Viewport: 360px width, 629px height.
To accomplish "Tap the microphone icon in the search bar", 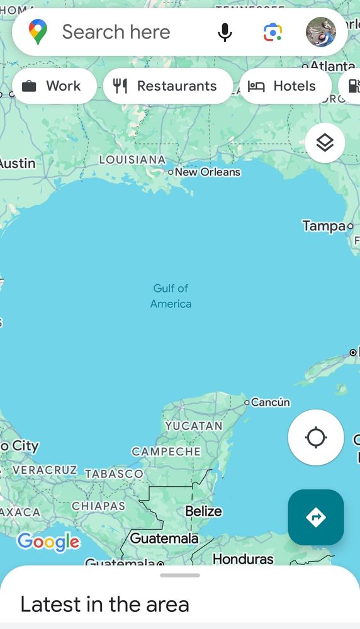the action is pos(225,32).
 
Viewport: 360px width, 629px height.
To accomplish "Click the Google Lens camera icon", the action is pos(273,32).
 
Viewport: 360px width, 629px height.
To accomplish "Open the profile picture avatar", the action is pos(321,32).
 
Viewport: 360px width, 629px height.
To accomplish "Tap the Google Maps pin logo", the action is pos(38,32).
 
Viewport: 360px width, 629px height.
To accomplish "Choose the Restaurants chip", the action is pos(167,86).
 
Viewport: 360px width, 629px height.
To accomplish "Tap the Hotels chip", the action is pos(285,86).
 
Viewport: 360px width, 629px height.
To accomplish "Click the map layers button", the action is pos(325,143).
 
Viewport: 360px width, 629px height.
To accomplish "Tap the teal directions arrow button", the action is pos(316,517).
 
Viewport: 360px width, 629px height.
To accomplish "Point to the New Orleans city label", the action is pos(207,172).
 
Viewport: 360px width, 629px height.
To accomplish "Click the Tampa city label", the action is pos(323,226).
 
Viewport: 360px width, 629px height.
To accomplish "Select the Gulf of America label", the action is pos(171,296).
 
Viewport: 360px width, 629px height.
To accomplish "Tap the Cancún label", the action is pos(270,402).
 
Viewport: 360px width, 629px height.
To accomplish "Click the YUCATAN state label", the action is pos(194,426).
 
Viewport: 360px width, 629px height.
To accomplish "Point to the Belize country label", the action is pos(203,511).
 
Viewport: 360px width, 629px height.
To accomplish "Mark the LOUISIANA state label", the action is pos(132,160).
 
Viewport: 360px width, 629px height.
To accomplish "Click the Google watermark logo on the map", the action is pos(48,542).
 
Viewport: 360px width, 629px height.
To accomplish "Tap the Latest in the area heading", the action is pos(104,604).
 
